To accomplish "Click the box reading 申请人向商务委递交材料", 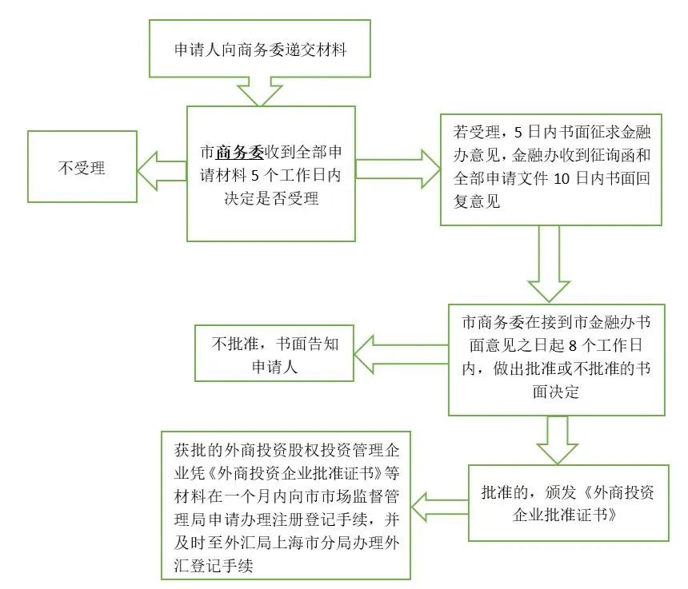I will click(260, 49).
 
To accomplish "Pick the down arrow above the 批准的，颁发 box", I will click(558, 440).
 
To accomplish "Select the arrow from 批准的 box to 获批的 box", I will click(440, 506).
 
